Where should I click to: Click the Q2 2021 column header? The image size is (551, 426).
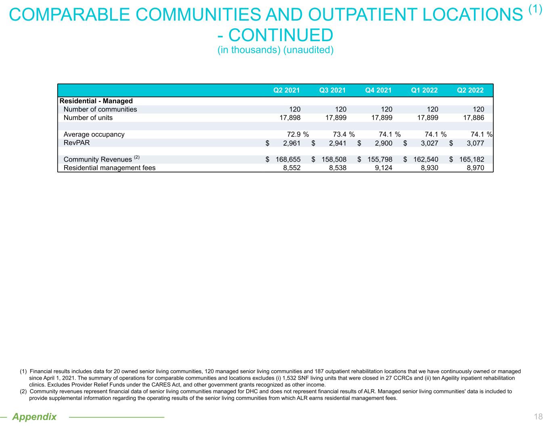[287, 90]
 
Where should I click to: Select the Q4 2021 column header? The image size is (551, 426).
[378, 90]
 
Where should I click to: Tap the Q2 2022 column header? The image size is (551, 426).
[470, 90]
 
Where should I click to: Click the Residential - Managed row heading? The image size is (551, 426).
[96, 101]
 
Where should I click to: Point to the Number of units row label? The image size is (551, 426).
[88, 118]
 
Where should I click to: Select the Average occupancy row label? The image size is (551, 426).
[94, 134]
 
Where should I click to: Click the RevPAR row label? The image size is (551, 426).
[77, 143]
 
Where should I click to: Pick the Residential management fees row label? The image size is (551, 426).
[109, 168]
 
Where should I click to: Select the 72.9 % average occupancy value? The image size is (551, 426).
[295, 134]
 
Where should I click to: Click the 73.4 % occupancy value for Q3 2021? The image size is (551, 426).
[341, 134]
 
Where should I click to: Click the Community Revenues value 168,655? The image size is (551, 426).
[288, 159]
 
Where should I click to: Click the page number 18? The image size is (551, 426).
[538, 417]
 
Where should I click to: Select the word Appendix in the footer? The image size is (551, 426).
[34, 417]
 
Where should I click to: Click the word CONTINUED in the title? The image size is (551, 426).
[281, 35]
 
